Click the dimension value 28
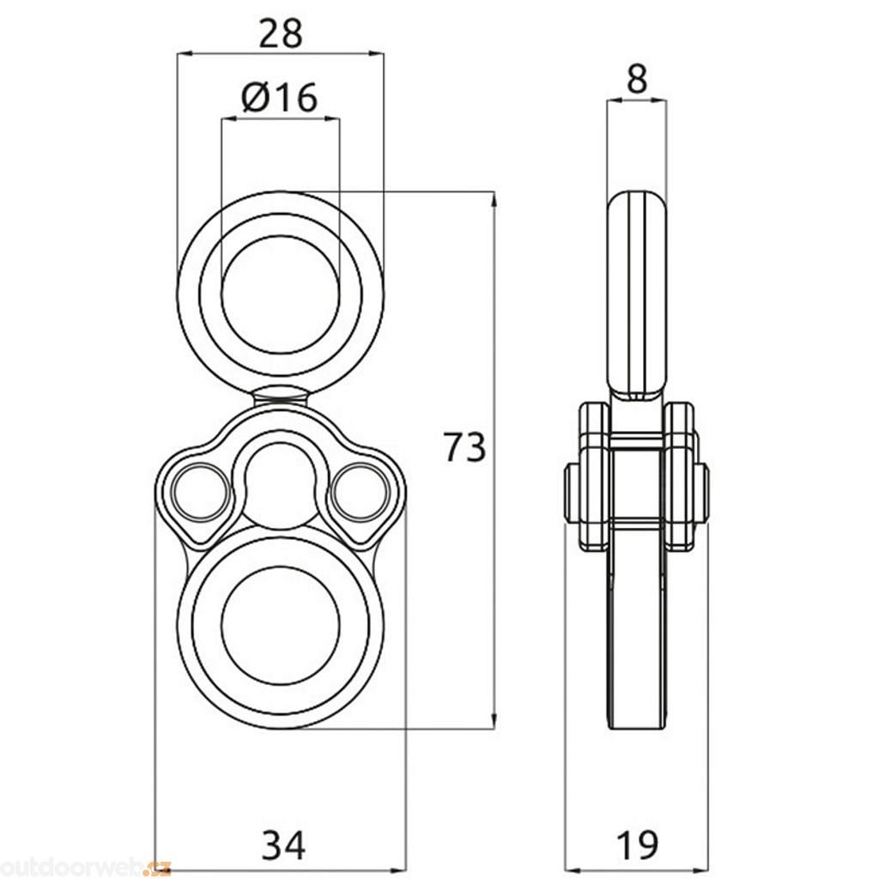tap(280, 33)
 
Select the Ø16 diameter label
tap(279, 97)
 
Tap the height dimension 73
tap(464, 446)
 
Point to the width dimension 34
tap(284, 845)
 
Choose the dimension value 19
tap(638, 845)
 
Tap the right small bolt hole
tap(361, 492)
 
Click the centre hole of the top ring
tap(281, 294)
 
